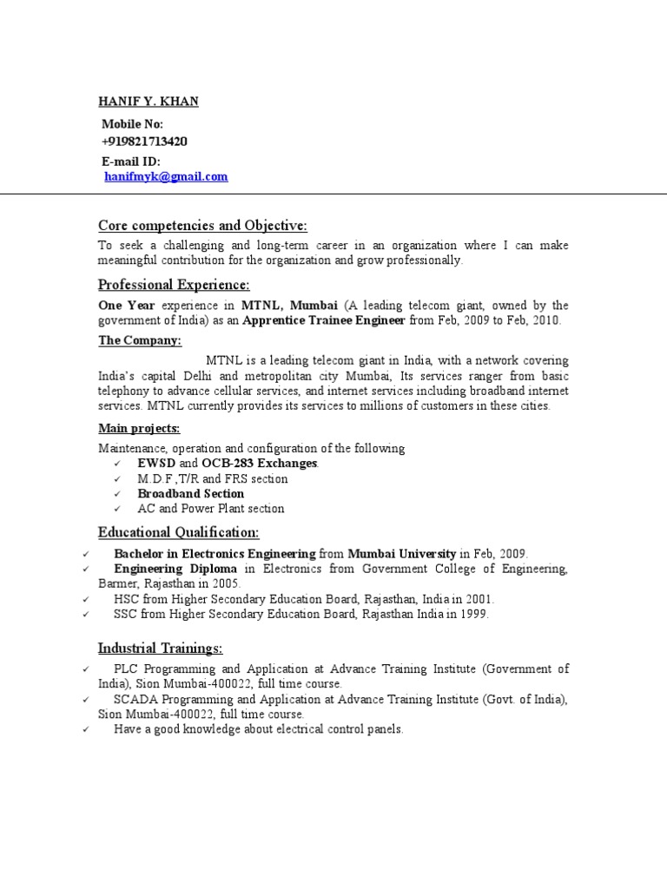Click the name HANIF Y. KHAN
tap(148, 102)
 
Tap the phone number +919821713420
tap(144, 142)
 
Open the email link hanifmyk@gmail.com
tap(166, 176)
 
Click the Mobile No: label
tap(132, 124)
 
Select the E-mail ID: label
tap(131, 161)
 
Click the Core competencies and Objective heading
tap(202, 226)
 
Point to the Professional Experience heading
tap(174, 285)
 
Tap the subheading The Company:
tap(140, 340)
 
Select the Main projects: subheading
tap(139, 429)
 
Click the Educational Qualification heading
tap(178, 532)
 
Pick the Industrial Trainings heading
tap(160, 648)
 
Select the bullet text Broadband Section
tap(190, 493)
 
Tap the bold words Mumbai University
tap(402, 554)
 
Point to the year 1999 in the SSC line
tap(475, 614)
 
